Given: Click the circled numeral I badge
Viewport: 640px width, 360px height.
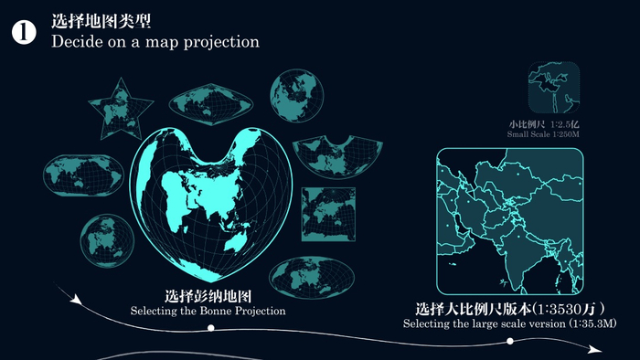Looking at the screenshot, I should (x=24, y=32).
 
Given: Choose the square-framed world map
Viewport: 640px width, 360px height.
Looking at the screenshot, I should (x=328, y=214).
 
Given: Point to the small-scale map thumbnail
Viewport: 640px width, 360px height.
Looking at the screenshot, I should (x=555, y=88).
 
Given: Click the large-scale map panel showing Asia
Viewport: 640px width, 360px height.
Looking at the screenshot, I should (x=510, y=220).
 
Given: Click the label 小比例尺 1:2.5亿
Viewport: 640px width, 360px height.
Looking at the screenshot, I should (x=548, y=123).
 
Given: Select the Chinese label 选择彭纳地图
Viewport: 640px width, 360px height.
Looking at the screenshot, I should (x=208, y=297).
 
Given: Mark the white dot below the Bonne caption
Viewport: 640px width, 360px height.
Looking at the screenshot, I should (x=211, y=326).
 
